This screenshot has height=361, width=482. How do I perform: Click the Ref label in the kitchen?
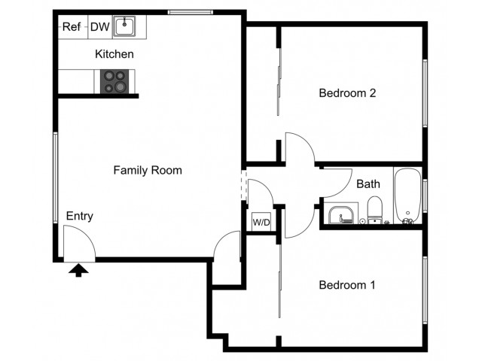click(x=72, y=27)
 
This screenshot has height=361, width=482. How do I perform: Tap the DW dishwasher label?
click(x=100, y=27)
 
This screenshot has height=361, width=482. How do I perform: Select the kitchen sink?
click(x=124, y=26)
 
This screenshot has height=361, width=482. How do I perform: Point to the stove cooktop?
click(x=114, y=81)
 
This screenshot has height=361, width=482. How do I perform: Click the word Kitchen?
click(x=114, y=54)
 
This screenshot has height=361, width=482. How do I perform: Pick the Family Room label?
click(x=148, y=170)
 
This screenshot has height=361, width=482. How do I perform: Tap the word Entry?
click(x=80, y=216)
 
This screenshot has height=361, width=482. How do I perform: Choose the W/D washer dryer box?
click(x=261, y=222)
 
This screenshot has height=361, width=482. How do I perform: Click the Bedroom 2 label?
click(x=347, y=93)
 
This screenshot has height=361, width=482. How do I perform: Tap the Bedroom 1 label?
click(x=347, y=285)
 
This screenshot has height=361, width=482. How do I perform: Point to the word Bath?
click(x=368, y=184)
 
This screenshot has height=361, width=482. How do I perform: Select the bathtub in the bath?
click(x=407, y=196)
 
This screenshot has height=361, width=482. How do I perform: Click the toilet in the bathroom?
click(x=375, y=210)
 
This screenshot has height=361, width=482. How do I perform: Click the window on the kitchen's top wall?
click(x=191, y=12)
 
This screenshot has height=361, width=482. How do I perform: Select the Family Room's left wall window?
click(x=56, y=177)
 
